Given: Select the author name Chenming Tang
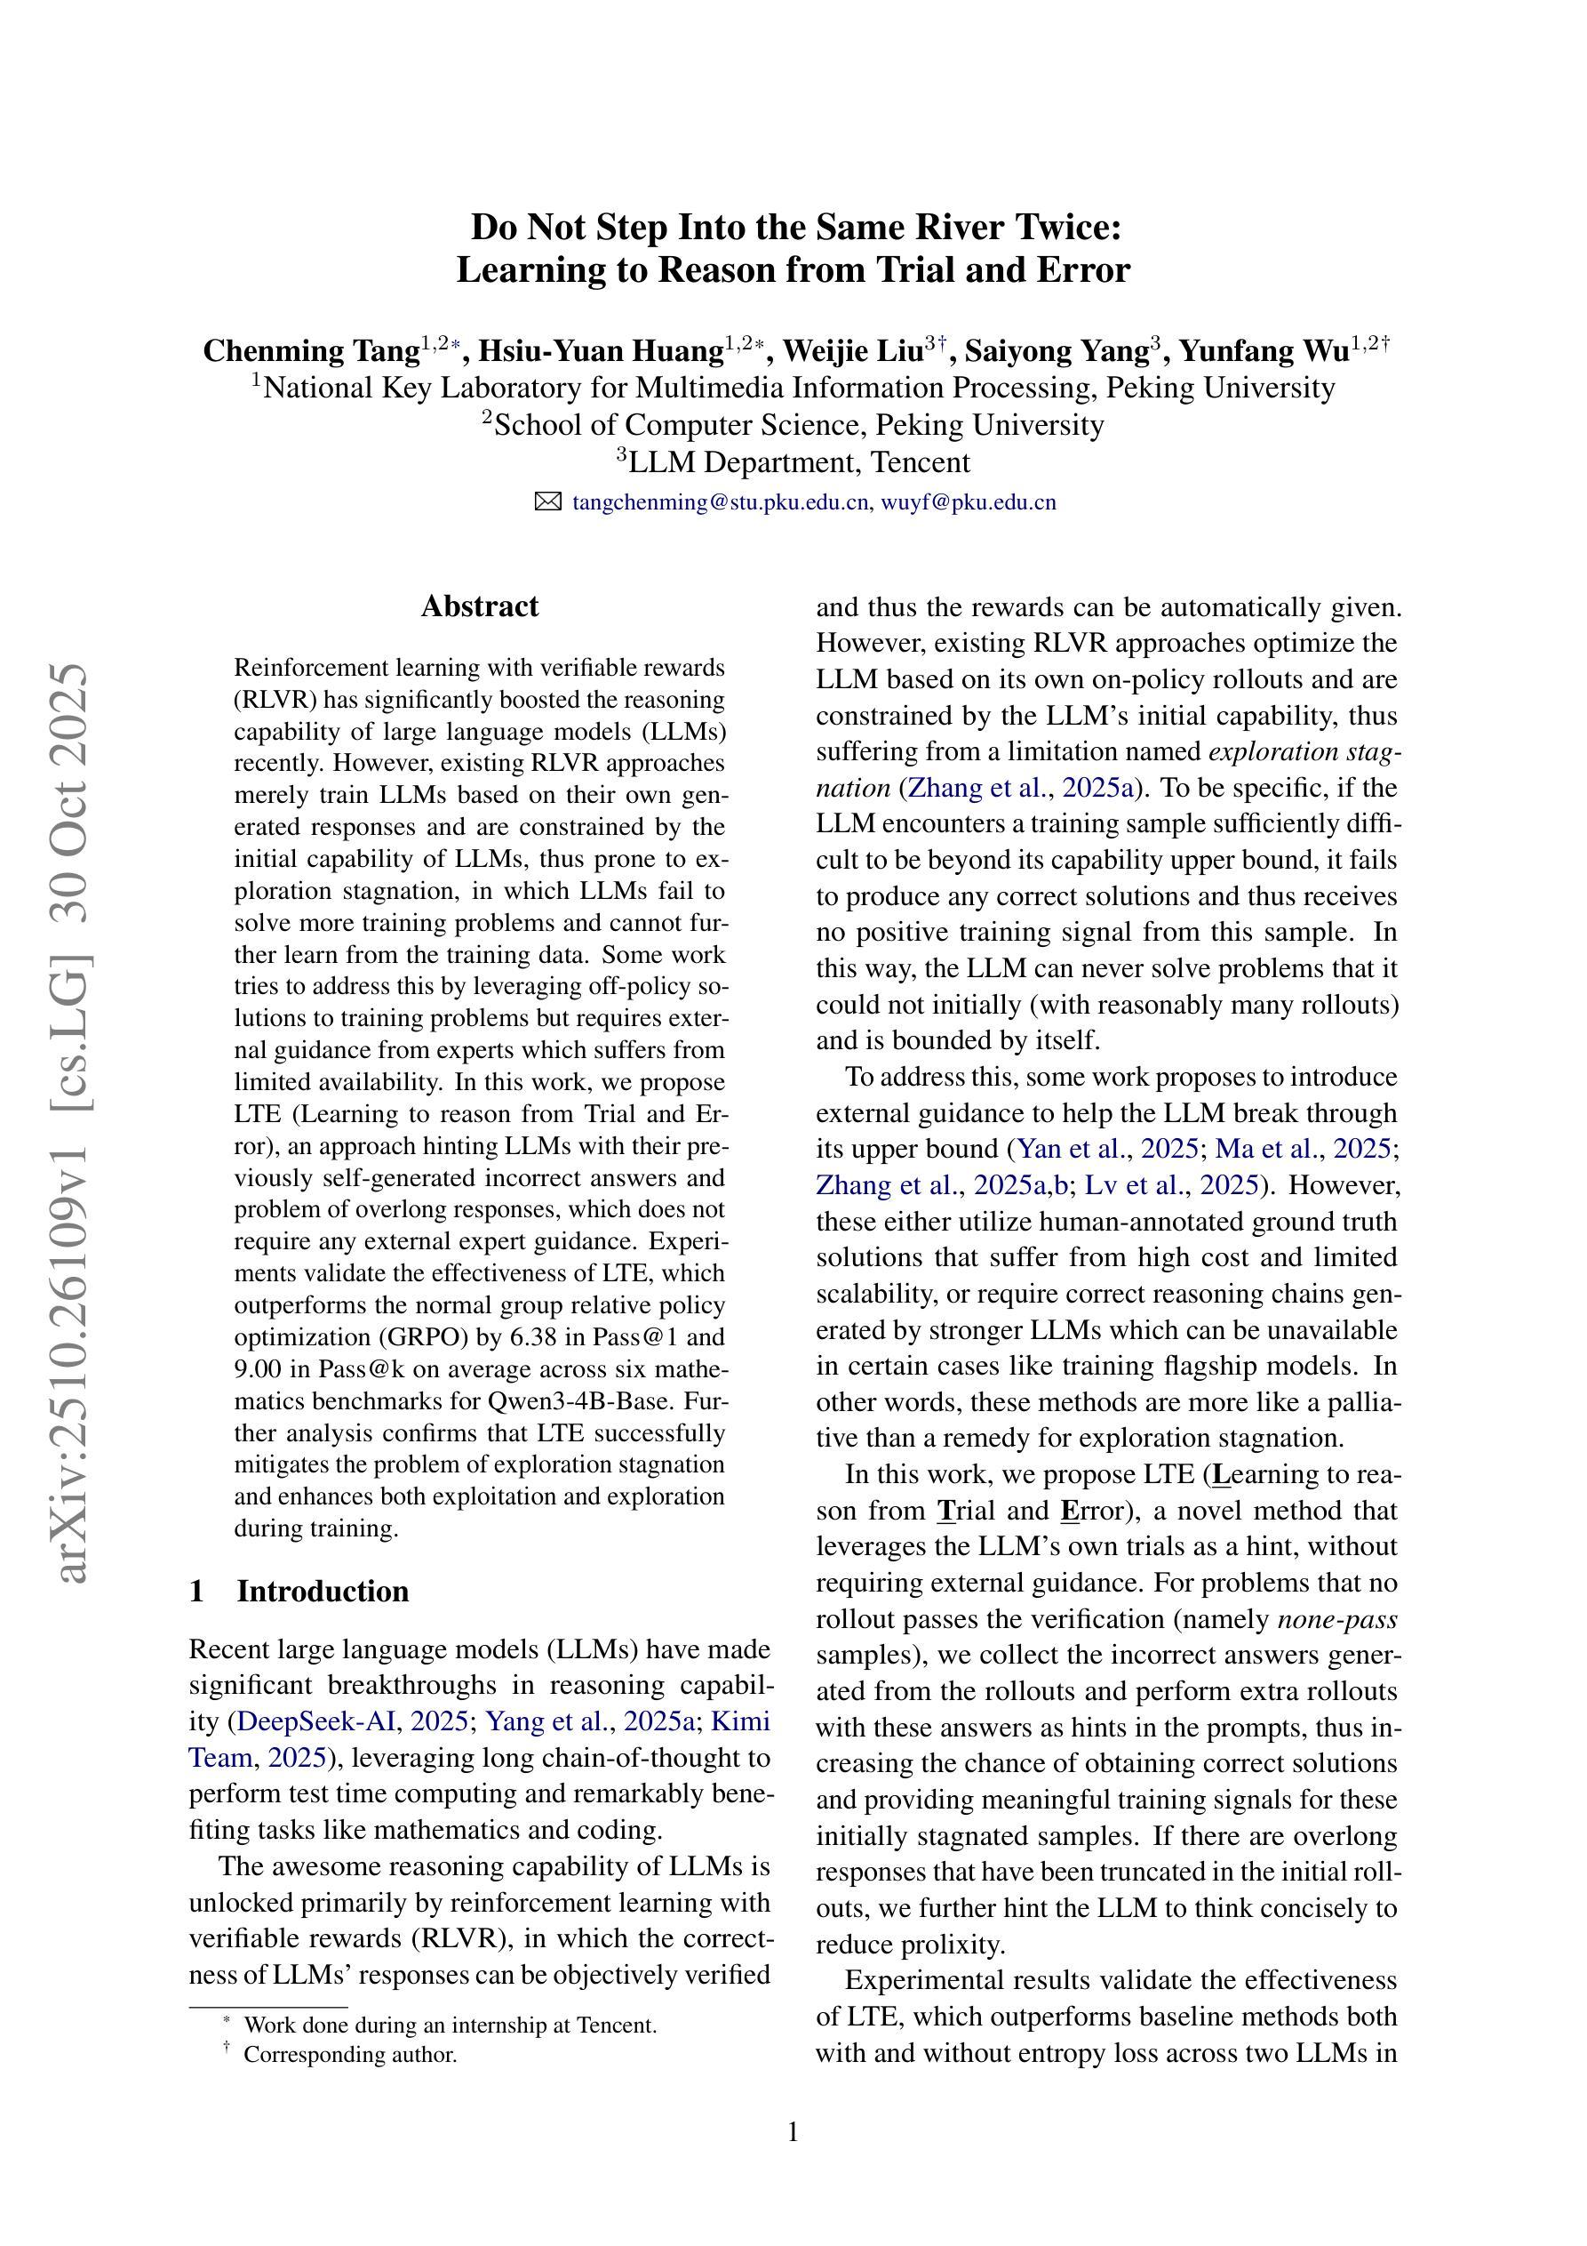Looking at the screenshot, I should [x=311, y=350].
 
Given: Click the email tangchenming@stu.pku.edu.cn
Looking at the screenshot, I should [x=721, y=502].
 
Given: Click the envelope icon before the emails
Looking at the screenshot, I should [x=548, y=502].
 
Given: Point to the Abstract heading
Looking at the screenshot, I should [x=479, y=606].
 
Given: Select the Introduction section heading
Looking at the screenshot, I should [x=323, y=1591].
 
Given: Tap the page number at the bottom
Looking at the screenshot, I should [x=793, y=2131].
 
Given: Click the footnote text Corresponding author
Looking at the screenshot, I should [x=350, y=2054].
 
